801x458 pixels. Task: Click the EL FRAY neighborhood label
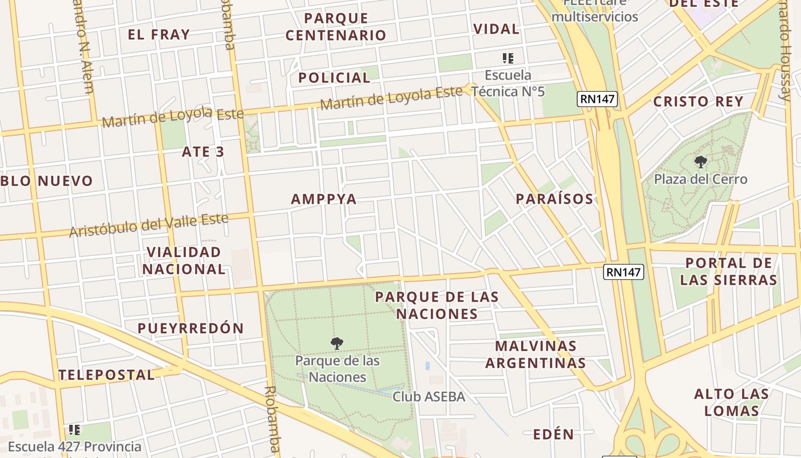158,34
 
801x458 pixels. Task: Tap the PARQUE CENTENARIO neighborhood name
336,26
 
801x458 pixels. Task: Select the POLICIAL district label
335,77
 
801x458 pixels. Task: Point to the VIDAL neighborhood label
496,29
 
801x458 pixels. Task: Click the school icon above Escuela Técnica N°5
507,58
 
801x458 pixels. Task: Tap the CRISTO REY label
698,101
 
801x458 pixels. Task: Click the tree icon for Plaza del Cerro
700,162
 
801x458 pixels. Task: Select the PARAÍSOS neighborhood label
554,199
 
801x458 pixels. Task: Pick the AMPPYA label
324,199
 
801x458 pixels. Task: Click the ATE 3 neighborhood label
203,152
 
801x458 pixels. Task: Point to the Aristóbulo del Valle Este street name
149,225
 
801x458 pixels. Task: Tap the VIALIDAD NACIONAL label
184,260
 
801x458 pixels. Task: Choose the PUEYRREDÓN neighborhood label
191,328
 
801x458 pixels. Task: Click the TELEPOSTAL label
106,375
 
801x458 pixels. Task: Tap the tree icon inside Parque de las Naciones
337,343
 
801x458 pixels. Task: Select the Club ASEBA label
429,396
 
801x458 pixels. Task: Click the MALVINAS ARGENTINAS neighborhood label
536,354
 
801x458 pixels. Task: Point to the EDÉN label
553,434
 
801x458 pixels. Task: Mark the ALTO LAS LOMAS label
731,402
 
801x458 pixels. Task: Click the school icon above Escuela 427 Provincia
74,429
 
